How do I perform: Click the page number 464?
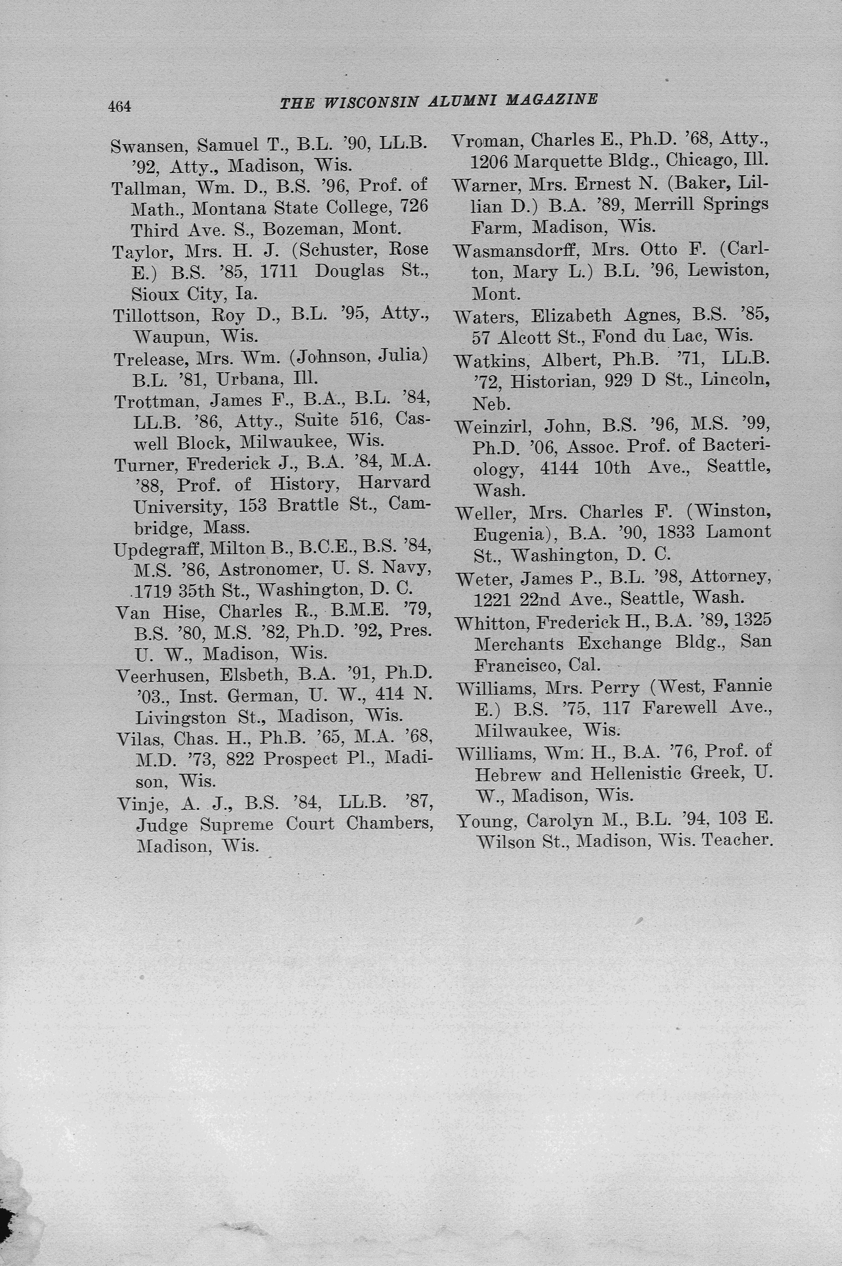coord(119,106)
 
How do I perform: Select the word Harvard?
coord(394,483)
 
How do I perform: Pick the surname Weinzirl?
coord(493,427)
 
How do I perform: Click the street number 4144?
coord(560,468)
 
